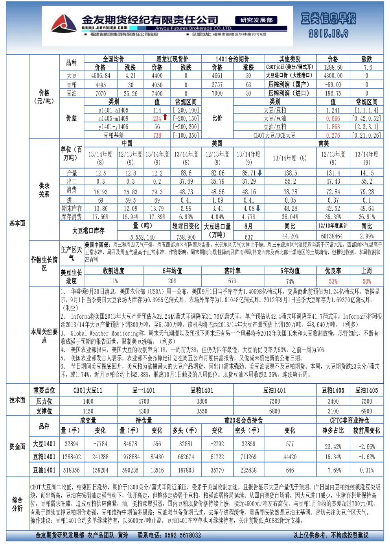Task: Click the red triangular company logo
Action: pos(64,24)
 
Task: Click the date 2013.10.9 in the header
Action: pos(328,33)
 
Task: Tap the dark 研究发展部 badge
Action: pos(256,20)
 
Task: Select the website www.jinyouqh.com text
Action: pos(105,28)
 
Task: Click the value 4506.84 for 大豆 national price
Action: pos(101,76)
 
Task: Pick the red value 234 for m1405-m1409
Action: pos(157,118)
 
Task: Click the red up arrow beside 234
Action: pos(165,117)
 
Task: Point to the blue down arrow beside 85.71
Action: pos(259,173)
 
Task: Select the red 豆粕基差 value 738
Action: pos(157,135)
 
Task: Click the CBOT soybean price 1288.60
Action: pos(333,67)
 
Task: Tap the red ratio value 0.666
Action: pos(333,118)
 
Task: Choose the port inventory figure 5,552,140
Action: pos(143,237)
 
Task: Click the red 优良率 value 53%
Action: pos(333,281)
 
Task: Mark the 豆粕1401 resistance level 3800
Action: pos(202,401)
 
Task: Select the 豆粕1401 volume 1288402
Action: pos(72,457)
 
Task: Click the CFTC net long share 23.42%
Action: pos(333,447)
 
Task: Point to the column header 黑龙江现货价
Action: pos(172,59)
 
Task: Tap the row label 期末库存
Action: pos(72,209)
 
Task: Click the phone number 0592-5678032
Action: pos(183,535)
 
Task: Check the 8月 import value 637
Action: pos(249,237)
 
